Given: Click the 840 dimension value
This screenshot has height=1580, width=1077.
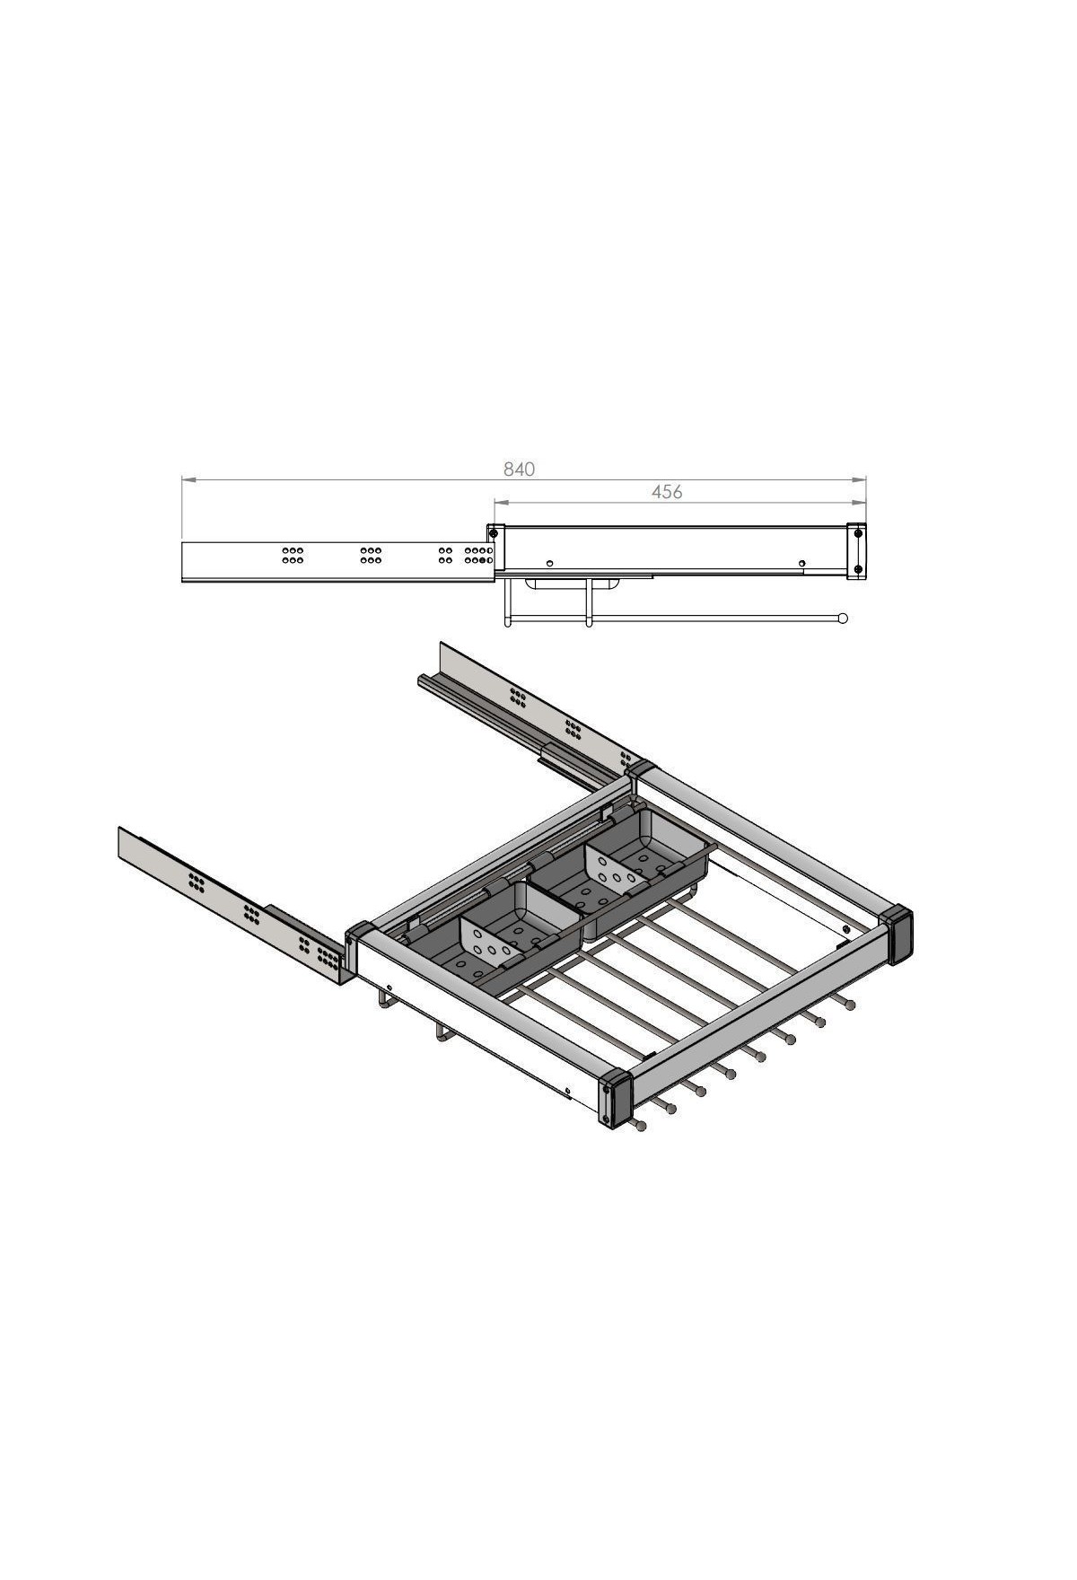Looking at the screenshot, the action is click(x=519, y=469).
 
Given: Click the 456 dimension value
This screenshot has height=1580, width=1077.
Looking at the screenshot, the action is click(x=667, y=491).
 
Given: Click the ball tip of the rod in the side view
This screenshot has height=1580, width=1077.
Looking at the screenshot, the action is click(x=842, y=617).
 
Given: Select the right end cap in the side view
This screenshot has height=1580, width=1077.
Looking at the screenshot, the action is click(x=858, y=550).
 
